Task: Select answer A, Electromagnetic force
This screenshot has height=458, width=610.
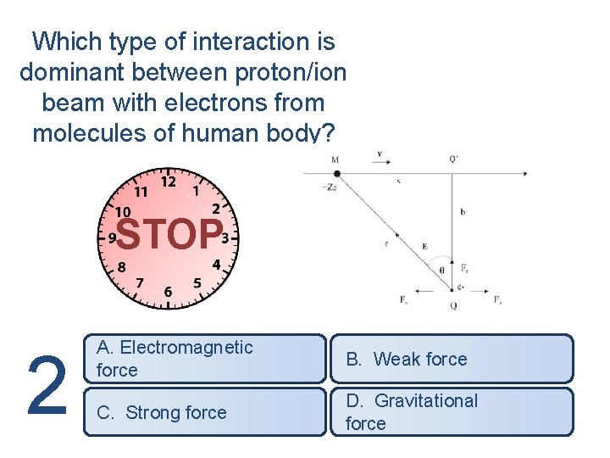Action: click(x=204, y=359)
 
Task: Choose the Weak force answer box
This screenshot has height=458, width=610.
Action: click(x=451, y=359)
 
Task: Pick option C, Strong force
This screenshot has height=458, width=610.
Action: click(x=204, y=412)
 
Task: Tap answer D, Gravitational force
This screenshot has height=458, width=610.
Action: click(x=451, y=412)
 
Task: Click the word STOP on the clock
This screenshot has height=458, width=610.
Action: click(x=169, y=235)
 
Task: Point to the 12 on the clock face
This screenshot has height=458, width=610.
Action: click(x=169, y=182)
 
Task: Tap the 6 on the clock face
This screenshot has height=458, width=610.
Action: click(x=168, y=293)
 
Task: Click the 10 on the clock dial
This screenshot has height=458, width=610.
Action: click(x=123, y=212)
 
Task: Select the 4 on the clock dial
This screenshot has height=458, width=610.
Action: click(x=216, y=265)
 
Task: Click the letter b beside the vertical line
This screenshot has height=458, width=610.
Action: click(x=463, y=212)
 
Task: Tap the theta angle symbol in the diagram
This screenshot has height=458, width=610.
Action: click(x=441, y=270)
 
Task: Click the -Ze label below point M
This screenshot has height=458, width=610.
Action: click(x=330, y=187)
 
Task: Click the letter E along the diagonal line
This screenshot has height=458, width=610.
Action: click(x=424, y=247)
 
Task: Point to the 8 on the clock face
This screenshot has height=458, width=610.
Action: click(x=122, y=266)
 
